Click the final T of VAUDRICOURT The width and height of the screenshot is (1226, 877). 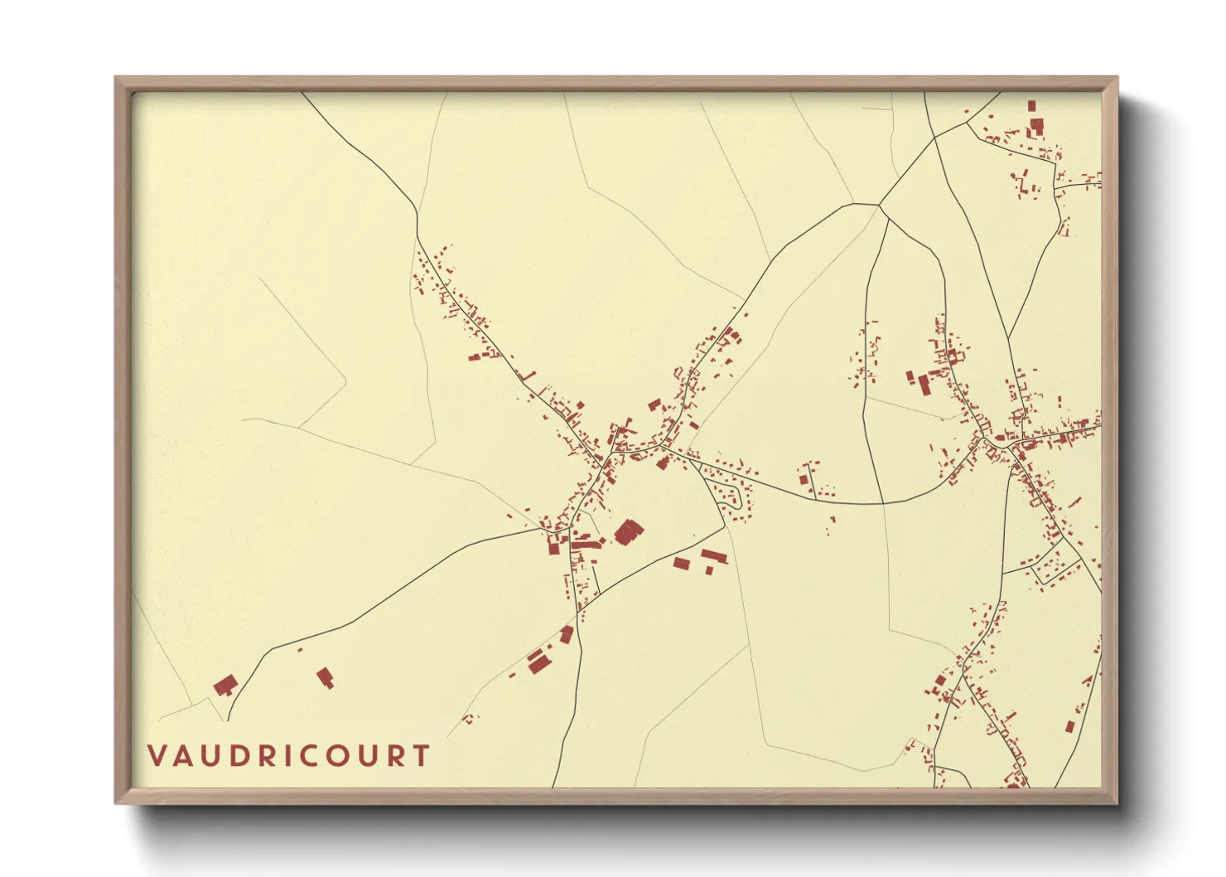point(422,756)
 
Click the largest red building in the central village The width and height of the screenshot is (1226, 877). point(629,531)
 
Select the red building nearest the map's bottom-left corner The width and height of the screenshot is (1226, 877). point(224,686)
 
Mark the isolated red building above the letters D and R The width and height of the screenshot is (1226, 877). point(325,677)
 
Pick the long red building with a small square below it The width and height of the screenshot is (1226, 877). point(713,556)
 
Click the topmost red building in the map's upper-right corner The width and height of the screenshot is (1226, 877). point(1031,106)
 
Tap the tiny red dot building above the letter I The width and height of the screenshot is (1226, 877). point(300,649)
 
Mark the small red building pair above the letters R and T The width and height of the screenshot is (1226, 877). point(470,719)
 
